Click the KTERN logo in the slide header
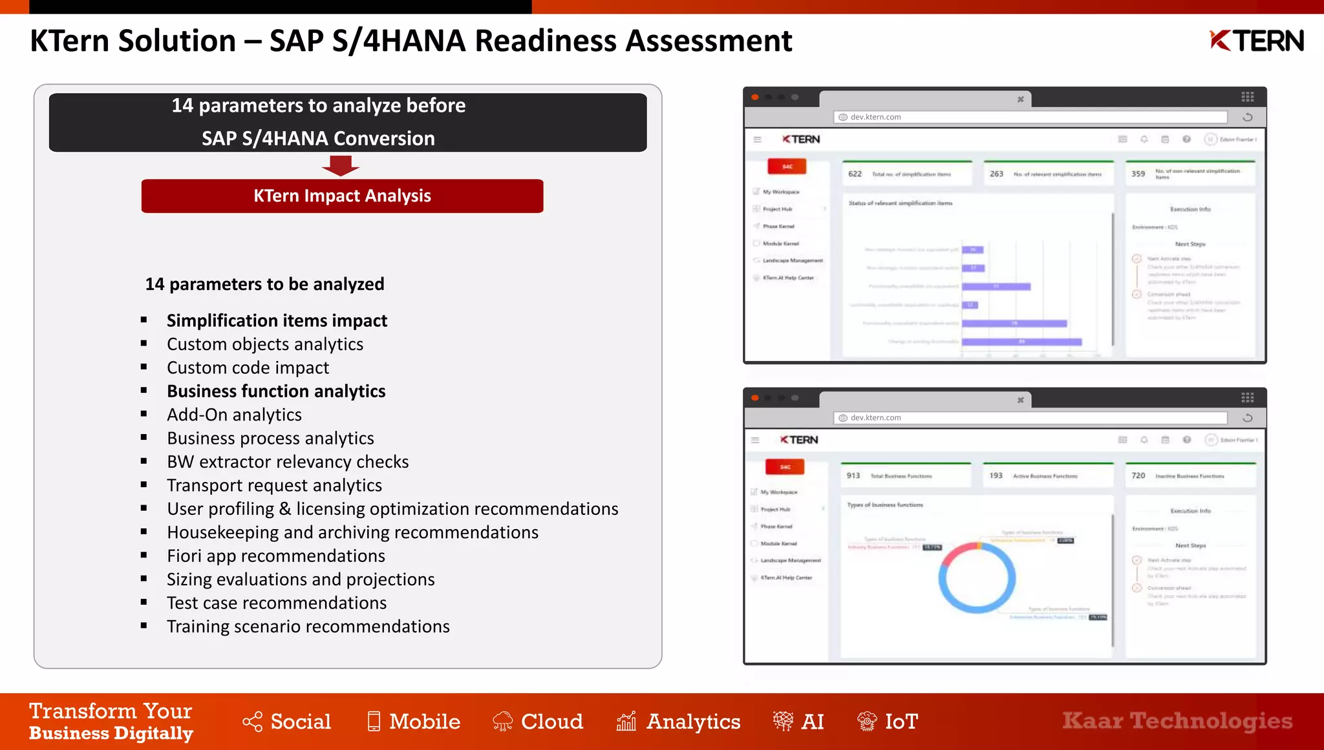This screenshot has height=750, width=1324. coord(1256,41)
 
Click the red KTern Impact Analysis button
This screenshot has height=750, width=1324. coord(342,196)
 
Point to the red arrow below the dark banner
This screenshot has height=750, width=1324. coord(341,166)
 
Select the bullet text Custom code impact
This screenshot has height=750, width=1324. coord(248,368)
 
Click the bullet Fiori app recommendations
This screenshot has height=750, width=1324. coord(275,556)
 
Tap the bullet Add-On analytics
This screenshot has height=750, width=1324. coord(234,415)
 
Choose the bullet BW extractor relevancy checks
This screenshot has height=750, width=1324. coord(288,462)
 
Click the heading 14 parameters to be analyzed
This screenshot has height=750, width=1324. coord(264,284)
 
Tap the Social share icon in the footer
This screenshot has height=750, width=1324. coord(252,722)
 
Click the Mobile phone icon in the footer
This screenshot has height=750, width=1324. coord(374,721)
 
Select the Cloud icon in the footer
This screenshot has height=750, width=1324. coord(502,721)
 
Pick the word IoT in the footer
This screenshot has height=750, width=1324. coord(901,721)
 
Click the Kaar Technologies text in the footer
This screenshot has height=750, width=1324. coord(1177,720)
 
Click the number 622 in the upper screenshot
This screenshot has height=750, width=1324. coord(855,174)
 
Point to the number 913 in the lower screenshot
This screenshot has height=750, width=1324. coord(853,475)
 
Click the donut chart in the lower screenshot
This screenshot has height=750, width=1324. coord(977,578)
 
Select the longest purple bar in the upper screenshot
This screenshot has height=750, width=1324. coord(1021,342)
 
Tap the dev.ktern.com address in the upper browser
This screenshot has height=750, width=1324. coord(875,117)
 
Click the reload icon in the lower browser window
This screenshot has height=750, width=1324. coord(1248,418)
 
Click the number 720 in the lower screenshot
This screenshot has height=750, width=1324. coord(1138,475)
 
